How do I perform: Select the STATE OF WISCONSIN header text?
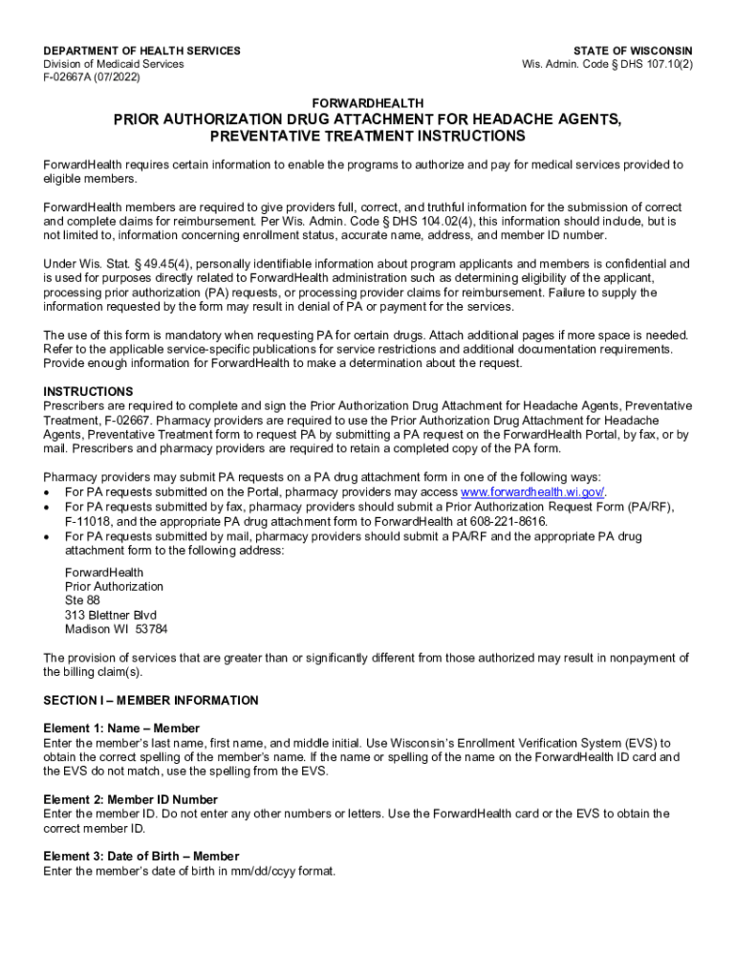[x=633, y=51]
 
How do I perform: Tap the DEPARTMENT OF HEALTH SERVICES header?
[x=142, y=51]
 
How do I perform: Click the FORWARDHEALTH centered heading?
[x=368, y=102]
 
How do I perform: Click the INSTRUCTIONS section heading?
[x=88, y=392]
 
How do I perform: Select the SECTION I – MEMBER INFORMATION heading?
[x=151, y=701]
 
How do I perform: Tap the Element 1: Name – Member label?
[x=121, y=729]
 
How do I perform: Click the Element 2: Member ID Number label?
[x=131, y=799]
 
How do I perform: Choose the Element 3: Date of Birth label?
[x=141, y=857]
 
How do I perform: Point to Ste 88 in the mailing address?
[x=82, y=600]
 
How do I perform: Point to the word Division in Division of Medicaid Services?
[x=66, y=65]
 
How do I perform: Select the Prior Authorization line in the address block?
[x=114, y=586]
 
